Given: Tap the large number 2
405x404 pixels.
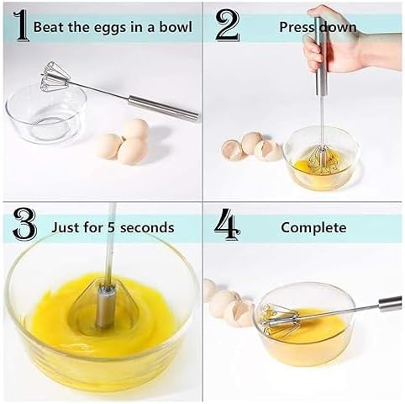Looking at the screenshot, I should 227,25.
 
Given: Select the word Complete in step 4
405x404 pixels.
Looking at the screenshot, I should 313,227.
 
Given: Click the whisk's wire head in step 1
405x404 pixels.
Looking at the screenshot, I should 56,81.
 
